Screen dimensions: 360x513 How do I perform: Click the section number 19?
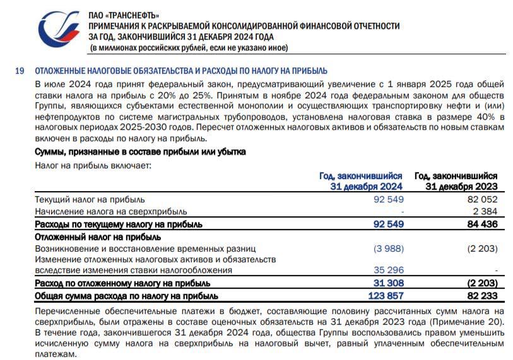(x=20, y=71)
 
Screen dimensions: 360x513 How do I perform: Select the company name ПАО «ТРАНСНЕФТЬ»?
(x=124, y=15)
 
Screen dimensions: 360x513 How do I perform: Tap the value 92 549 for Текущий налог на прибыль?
(x=389, y=200)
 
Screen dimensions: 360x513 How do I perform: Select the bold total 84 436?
(x=483, y=224)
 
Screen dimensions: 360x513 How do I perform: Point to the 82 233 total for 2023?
(x=483, y=295)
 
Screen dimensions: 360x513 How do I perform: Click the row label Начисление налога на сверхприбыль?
(x=111, y=212)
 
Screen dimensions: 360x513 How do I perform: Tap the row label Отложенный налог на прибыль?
(x=98, y=236)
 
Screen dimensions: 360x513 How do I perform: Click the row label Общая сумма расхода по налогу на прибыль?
(x=127, y=295)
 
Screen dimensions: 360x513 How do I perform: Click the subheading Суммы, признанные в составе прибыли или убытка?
(x=140, y=152)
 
